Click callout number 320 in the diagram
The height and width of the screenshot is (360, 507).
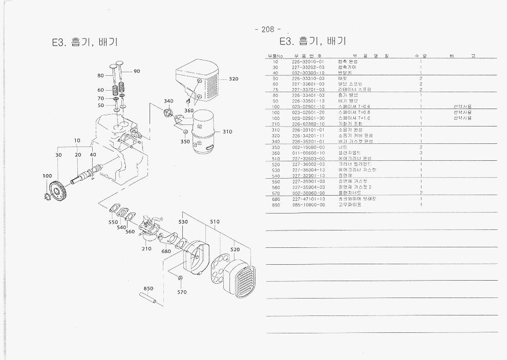234,79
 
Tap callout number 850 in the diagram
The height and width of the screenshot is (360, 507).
149,288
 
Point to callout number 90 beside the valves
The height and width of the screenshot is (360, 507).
137,71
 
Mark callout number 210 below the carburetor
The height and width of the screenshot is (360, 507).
146,249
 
